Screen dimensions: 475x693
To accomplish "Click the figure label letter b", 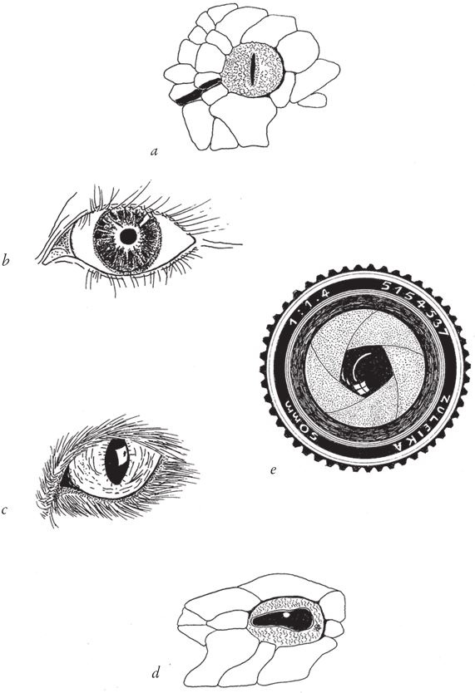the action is click(6, 261).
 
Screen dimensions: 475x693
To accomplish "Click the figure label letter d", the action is click(156, 673).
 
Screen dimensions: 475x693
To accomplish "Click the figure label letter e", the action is click(273, 470).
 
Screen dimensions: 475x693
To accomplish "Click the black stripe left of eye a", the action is click(197, 91).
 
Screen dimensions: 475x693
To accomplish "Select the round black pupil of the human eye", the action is click(129, 237).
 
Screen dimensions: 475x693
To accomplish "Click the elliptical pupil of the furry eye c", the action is click(116, 462).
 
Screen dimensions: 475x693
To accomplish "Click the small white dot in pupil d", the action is click(286, 614).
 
